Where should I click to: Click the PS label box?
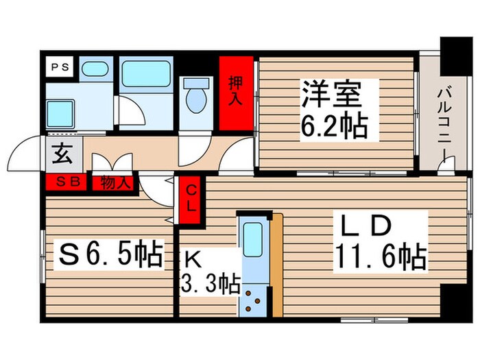(58, 67)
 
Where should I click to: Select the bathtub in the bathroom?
(145, 75)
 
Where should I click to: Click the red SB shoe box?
(67, 182)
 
